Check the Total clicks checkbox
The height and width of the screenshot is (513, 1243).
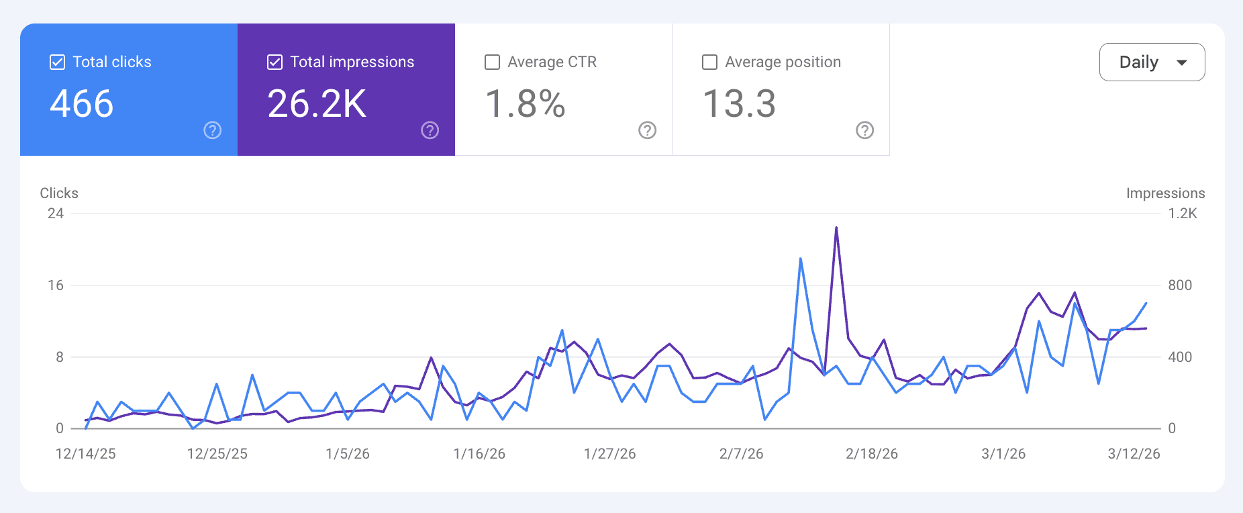pyautogui.click(x=58, y=62)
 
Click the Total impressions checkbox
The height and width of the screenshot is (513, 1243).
pyautogui.click(x=275, y=62)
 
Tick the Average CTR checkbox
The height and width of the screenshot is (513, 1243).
pyautogui.click(x=492, y=62)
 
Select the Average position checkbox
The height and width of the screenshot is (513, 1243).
pyautogui.click(x=709, y=62)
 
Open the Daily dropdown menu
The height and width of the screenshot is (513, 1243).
pyautogui.click(x=1152, y=62)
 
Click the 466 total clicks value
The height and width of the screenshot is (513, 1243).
pyautogui.click(x=82, y=104)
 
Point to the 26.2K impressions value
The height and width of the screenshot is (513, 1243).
pyautogui.click(x=317, y=104)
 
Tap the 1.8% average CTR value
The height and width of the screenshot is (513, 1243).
pyautogui.click(x=525, y=104)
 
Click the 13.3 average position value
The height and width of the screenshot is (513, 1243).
pyautogui.click(x=739, y=104)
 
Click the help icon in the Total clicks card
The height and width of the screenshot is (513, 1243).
pyautogui.click(x=213, y=130)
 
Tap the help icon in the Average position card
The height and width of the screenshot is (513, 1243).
pyautogui.click(x=864, y=130)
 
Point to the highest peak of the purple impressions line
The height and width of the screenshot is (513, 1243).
pyautogui.click(x=836, y=228)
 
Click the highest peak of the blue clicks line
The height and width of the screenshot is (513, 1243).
pyautogui.click(x=801, y=259)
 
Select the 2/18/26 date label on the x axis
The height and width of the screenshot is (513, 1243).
pyautogui.click(x=871, y=454)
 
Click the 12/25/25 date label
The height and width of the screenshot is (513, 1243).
pyautogui.click(x=217, y=454)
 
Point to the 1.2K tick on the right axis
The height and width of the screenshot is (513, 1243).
pyautogui.click(x=1182, y=214)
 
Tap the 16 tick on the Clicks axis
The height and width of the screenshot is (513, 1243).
pyautogui.click(x=56, y=285)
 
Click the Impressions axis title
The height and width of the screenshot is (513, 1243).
pyautogui.click(x=1165, y=193)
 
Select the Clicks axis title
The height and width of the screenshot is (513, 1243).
pyautogui.click(x=59, y=193)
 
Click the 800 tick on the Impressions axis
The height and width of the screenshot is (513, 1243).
pyautogui.click(x=1179, y=285)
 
